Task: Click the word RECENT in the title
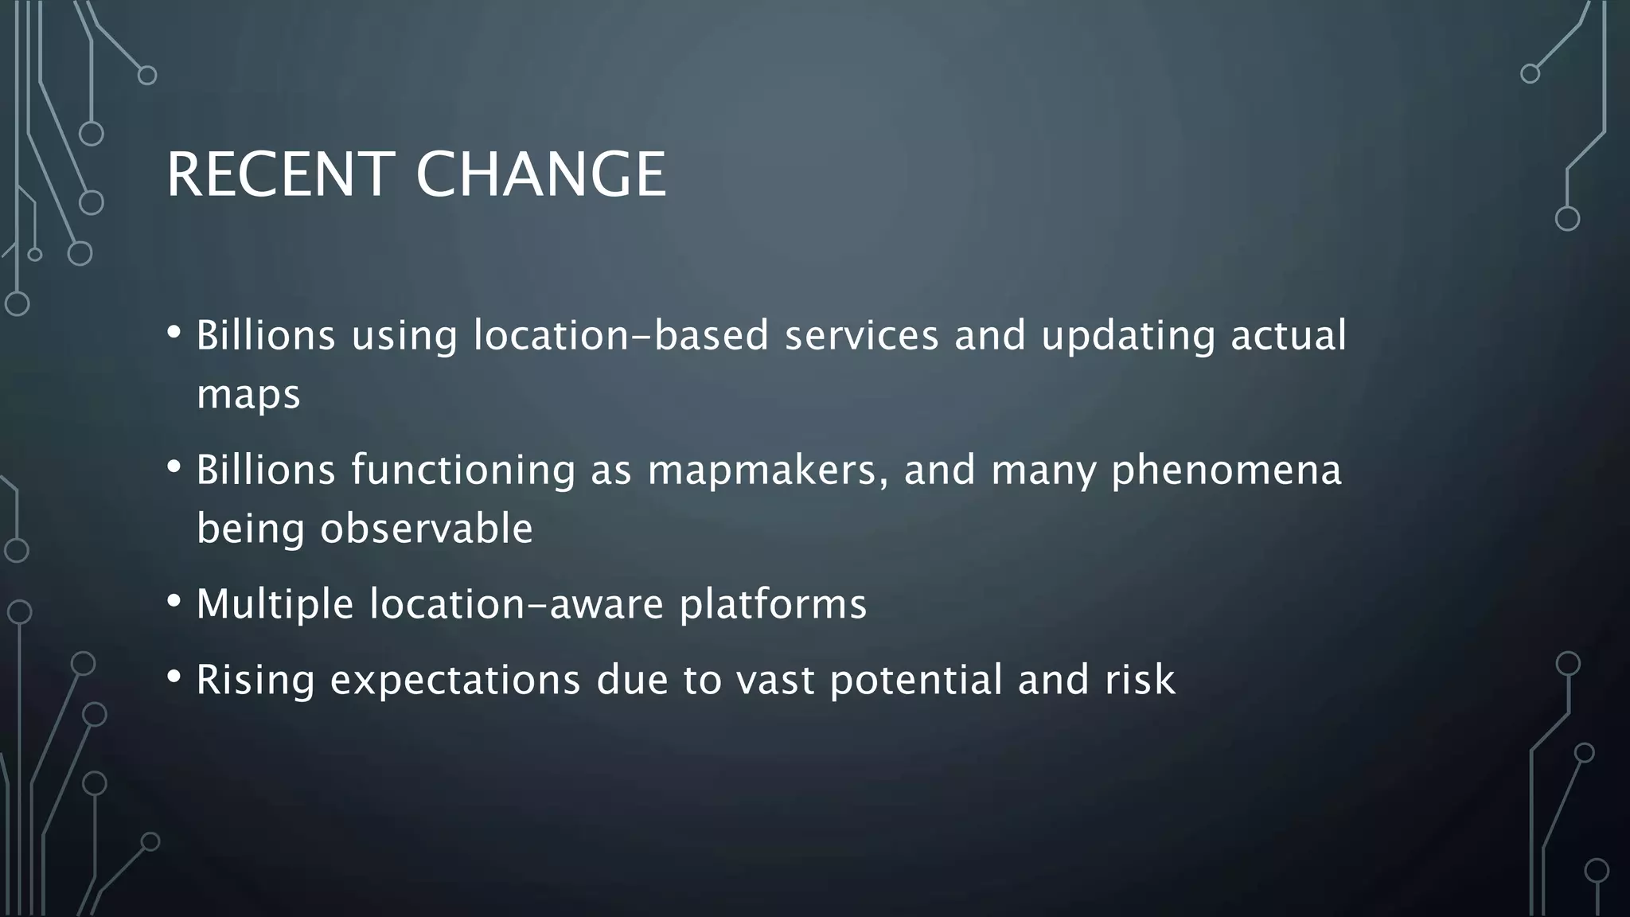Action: (x=279, y=175)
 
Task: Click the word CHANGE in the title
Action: (x=540, y=175)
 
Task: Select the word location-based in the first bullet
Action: (x=621, y=335)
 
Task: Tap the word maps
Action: (x=248, y=395)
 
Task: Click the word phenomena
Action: (x=1226, y=471)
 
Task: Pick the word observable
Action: (x=427, y=529)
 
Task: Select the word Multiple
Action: (x=275, y=604)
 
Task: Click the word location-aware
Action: (x=517, y=604)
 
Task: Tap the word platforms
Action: (x=773, y=606)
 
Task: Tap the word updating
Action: (x=1128, y=337)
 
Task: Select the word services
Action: (x=862, y=335)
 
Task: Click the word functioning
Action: (x=463, y=471)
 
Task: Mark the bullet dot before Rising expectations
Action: (x=174, y=677)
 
